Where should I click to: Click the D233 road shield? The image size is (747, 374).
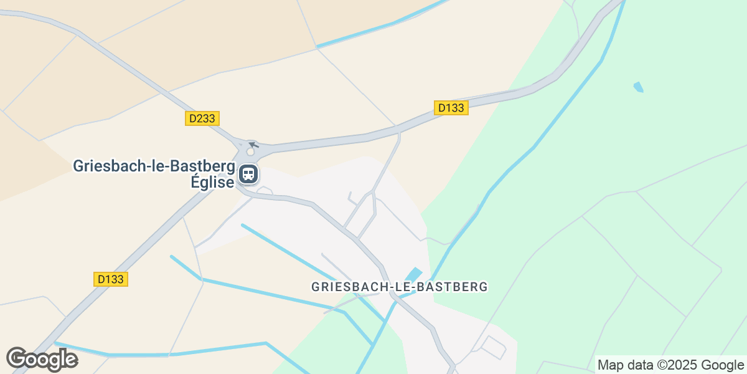point(202,118)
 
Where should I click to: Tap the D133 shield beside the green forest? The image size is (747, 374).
point(451,108)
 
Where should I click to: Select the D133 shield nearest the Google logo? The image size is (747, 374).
point(111,279)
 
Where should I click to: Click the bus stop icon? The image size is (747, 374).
point(248,174)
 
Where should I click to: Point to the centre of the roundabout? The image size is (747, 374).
point(251,151)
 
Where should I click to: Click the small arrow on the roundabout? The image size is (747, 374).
point(253,145)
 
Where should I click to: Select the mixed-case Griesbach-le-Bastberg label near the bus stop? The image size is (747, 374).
point(154,167)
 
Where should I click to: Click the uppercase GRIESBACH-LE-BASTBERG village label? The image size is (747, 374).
point(398,287)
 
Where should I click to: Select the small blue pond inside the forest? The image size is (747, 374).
point(638,87)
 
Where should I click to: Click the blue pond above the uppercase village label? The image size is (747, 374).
point(413,274)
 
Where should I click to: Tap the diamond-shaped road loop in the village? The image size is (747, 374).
point(494,347)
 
